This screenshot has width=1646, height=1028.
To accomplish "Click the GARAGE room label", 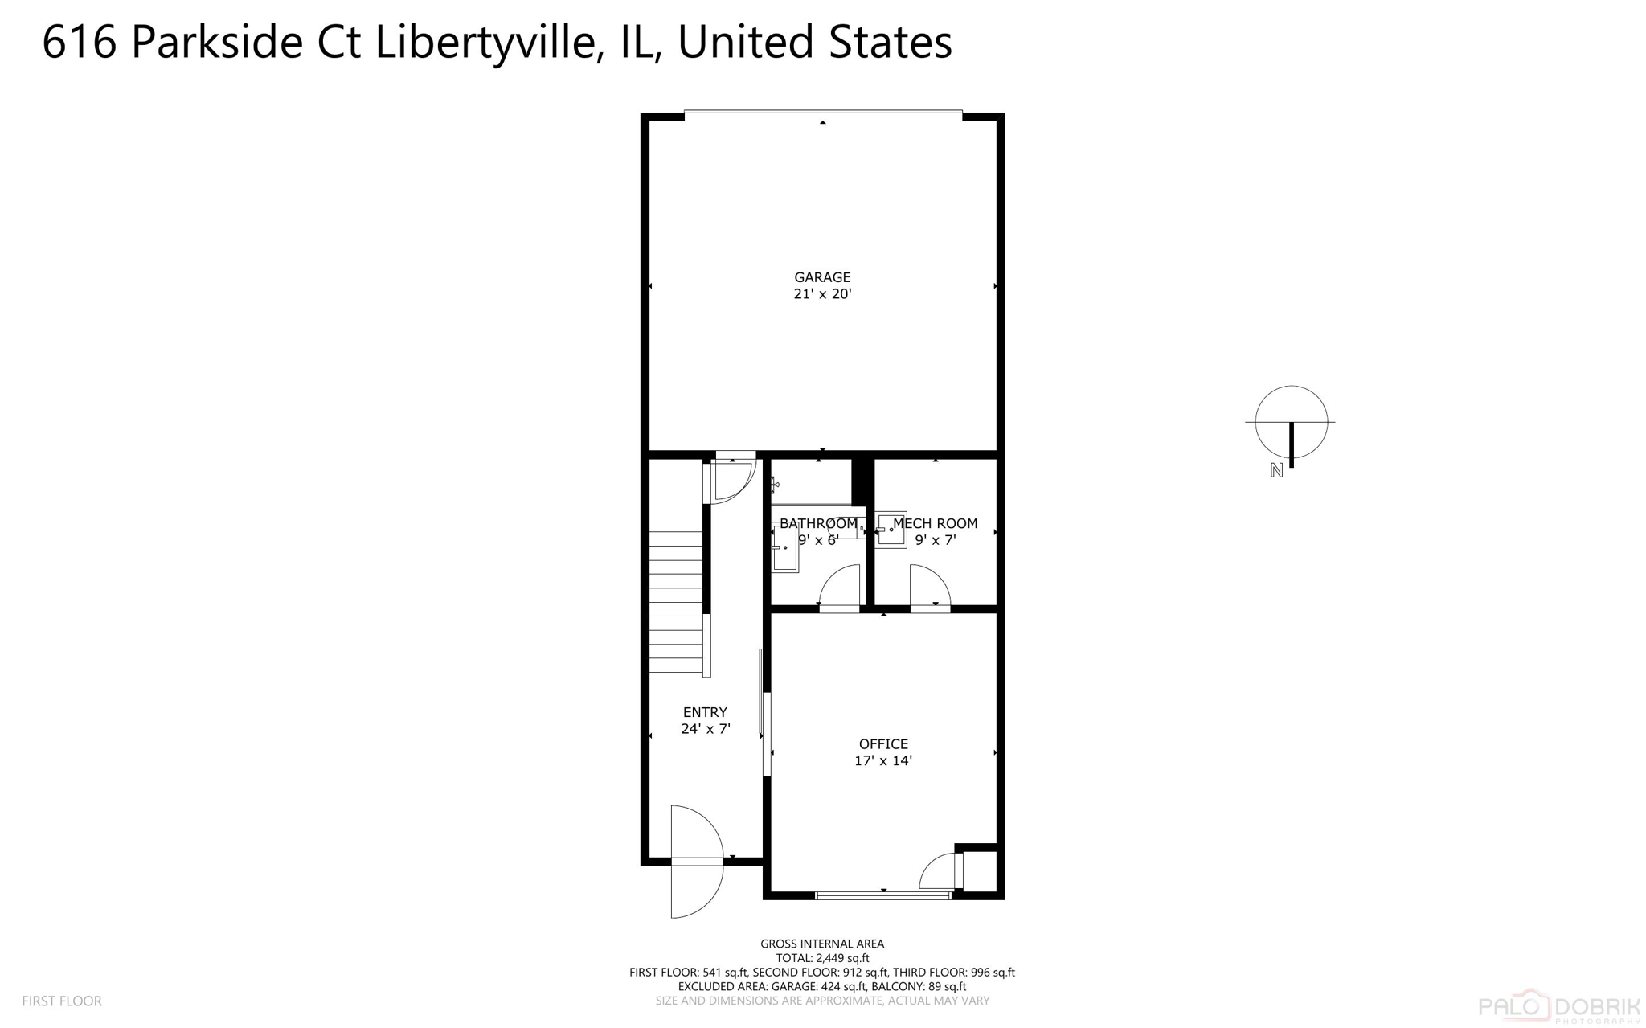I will coord(822,277).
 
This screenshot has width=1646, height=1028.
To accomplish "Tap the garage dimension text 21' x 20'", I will coord(822,294).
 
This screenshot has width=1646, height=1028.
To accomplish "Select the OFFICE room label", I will coord(883,744).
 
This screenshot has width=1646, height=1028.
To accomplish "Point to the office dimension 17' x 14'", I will coord(883,760).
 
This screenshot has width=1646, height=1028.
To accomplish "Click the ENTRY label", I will coord(705,712).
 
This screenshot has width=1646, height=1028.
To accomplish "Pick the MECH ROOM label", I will coord(936,523).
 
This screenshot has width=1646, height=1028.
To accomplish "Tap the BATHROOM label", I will coord(818,523).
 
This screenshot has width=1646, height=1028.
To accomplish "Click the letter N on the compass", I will coord(1276,471).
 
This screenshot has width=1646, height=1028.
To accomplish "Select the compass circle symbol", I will coord(1291,422).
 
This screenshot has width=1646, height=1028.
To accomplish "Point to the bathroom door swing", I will coord(840,586).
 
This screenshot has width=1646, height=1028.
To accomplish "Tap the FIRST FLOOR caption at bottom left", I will coord(62,1001).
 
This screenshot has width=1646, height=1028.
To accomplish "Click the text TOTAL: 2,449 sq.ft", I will coord(822,958).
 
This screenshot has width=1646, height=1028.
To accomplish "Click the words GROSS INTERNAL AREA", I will coord(822,944).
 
